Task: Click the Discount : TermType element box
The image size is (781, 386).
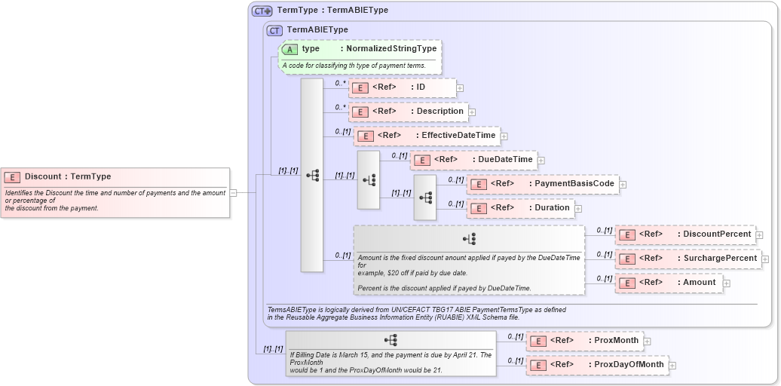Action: click(x=115, y=192)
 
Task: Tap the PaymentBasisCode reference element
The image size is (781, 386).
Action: click(x=542, y=184)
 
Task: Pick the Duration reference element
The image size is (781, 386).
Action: click(x=519, y=207)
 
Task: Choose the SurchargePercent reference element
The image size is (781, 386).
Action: click(x=688, y=259)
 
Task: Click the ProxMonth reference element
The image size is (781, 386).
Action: click(x=584, y=341)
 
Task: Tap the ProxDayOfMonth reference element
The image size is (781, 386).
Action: click(x=596, y=365)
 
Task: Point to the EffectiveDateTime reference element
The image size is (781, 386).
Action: click(x=426, y=136)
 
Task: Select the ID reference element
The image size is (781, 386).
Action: click(x=402, y=87)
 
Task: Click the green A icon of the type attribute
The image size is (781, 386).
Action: click(x=290, y=49)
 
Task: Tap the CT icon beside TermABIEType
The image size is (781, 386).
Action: click(x=275, y=30)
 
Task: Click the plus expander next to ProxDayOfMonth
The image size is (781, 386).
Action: click(x=672, y=366)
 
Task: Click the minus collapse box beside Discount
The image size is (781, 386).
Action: click(x=234, y=192)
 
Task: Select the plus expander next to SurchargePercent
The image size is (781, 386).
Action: click(x=765, y=259)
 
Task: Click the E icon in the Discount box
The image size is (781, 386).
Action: click(x=12, y=177)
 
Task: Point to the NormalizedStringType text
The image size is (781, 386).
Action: click(x=390, y=49)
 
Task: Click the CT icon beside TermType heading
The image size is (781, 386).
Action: click(x=262, y=11)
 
